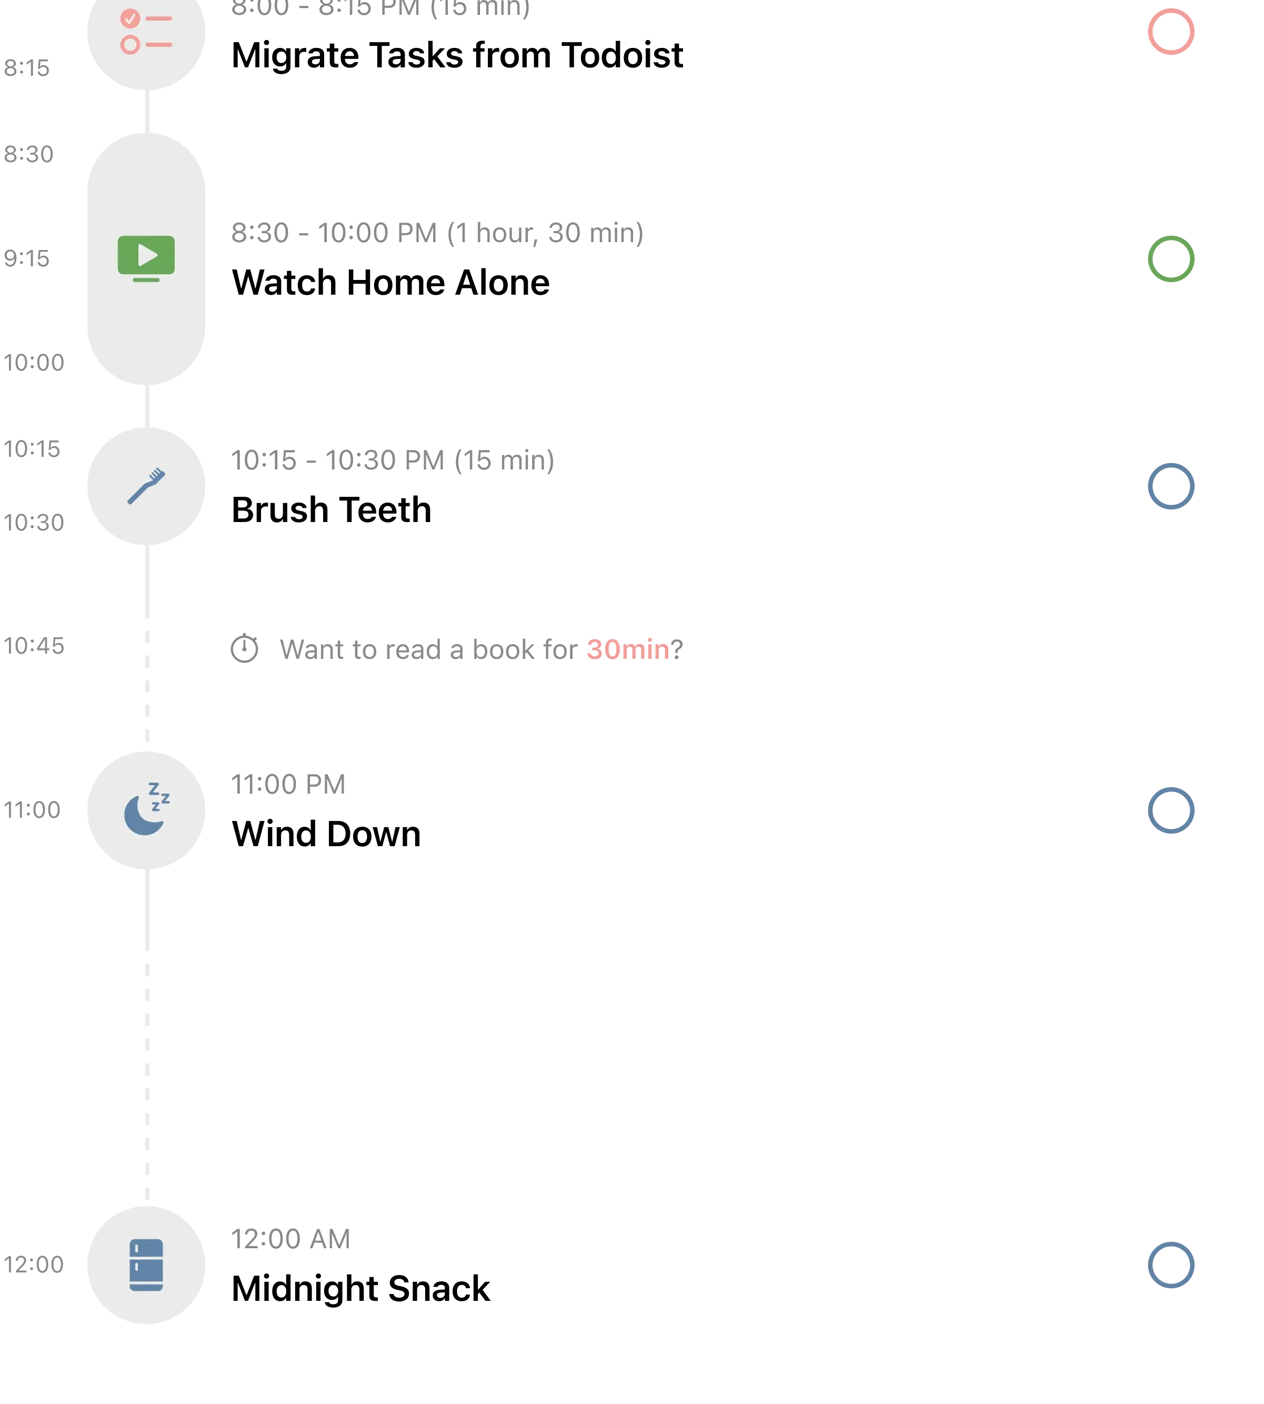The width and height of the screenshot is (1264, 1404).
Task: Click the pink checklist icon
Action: [x=146, y=31]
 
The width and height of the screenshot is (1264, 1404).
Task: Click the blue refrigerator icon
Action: [x=146, y=1265]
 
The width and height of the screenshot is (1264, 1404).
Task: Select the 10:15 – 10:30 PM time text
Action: [x=393, y=459]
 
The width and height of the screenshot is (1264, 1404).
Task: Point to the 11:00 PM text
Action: [x=287, y=783]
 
